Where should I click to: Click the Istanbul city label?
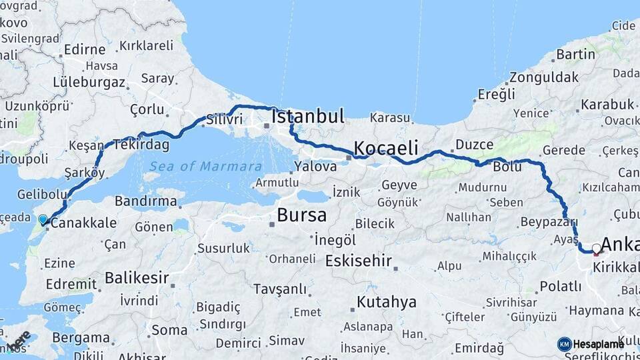click(308, 117)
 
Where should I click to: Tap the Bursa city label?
click(301, 215)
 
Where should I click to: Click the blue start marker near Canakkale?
click(43, 219)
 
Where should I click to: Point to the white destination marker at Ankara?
click(596, 249)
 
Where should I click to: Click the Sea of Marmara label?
click(205, 166)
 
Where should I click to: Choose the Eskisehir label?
click(362, 261)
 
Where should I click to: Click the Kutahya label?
click(386, 302)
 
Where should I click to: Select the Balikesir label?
click(136, 277)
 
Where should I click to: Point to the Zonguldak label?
click(544, 77)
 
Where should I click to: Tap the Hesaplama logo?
click(591, 344)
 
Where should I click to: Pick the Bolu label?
click(507, 167)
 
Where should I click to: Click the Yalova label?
click(315, 166)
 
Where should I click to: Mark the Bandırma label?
click(145, 201)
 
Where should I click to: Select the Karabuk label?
click(607, 104)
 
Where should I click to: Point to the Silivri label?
click(225, 119)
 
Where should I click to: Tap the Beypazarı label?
click(548, 221)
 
